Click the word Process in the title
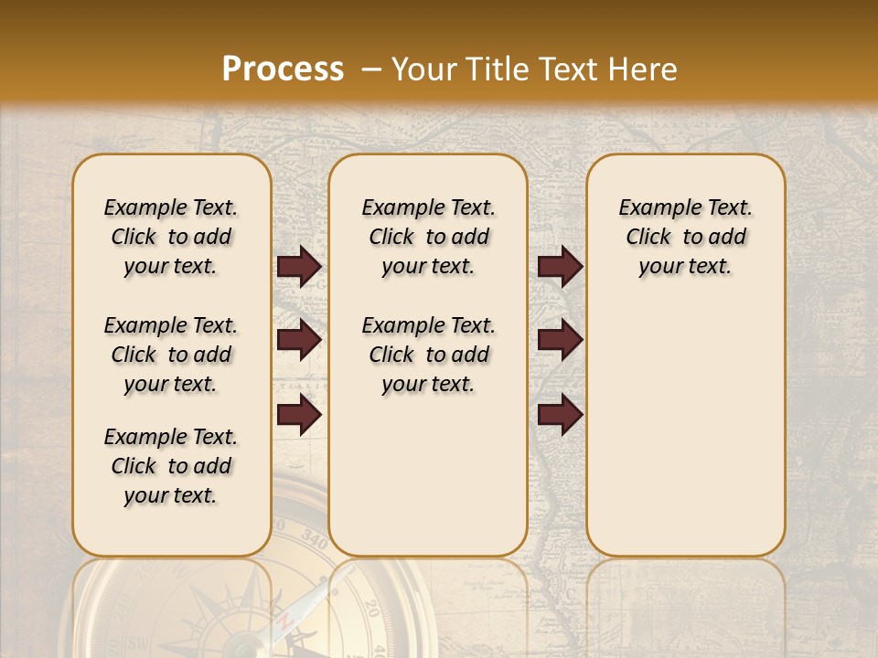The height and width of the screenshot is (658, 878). [283, 69]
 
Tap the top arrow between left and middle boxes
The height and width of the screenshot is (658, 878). [299, 266]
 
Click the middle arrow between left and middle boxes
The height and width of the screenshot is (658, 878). [299, 341]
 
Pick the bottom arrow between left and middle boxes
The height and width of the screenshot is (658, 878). [299, 415]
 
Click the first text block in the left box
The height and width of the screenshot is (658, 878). [171, 237]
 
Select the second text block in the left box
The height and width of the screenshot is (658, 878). [171, 355]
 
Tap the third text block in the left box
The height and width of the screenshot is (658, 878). [171, 466]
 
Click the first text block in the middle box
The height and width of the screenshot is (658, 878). [428, 237]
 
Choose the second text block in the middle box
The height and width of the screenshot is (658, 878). [428, 355]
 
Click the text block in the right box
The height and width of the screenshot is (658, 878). [685, 237]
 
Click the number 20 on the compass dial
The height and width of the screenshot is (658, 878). [370, 610]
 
